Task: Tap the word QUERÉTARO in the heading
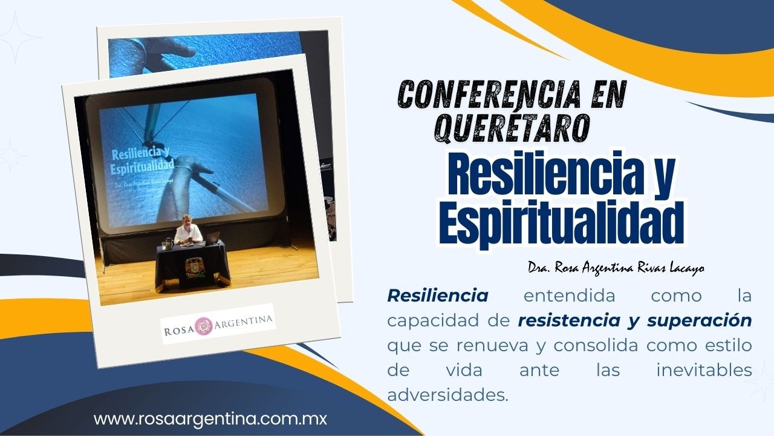pos(512,128)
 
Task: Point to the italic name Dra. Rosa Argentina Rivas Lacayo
pos(616,268)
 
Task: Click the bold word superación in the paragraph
pos(700,321)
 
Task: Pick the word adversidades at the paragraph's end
pos(448,395)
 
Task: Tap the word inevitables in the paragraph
pos(704,370)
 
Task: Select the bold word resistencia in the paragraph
pos(569,320)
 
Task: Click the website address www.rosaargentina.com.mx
pos(210,419)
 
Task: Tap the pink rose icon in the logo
pos(204,326)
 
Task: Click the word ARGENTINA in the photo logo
pos(243,321)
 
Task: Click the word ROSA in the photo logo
pos(179,331)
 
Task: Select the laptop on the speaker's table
pos(212,238)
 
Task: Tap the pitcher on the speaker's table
pos(168,243)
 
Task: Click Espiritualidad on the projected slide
pos(142,168)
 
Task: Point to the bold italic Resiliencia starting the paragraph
pos(438,296)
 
